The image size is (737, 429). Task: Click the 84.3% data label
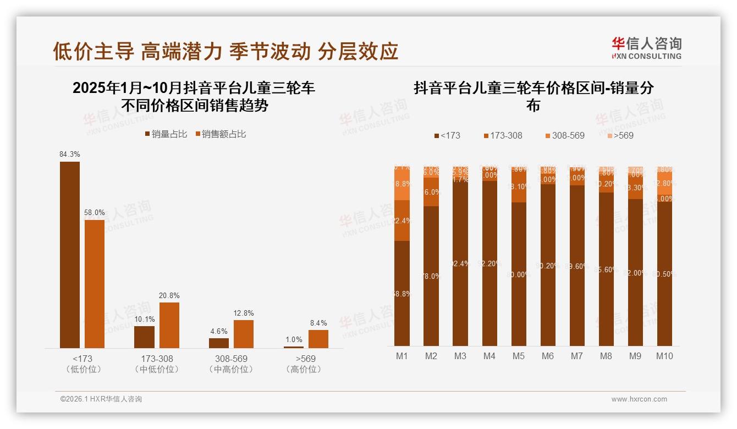tap(70, 155)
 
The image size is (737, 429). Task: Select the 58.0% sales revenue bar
tap(94, 283)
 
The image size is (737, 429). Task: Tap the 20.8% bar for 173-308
tap(169, 324)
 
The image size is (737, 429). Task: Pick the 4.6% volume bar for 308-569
tap(219, 343)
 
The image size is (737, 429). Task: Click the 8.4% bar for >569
tap(318, 339)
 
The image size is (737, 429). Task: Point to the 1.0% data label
tap(294, 340)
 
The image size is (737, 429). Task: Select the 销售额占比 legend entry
tap(220, 134)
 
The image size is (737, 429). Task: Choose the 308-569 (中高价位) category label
tap(231, 364)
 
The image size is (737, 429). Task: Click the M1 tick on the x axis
tap(402, 356)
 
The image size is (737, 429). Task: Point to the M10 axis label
tap(664, 356)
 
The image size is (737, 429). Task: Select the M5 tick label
tap(519, 356)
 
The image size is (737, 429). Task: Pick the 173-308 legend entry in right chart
tap(503, 135)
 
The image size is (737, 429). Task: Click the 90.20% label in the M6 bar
tap(548, 266)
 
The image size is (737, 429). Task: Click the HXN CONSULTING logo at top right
tap(647, 48)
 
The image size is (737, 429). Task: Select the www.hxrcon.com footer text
tap(639, 399)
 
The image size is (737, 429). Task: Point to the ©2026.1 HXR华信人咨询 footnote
tap(101, 399)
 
